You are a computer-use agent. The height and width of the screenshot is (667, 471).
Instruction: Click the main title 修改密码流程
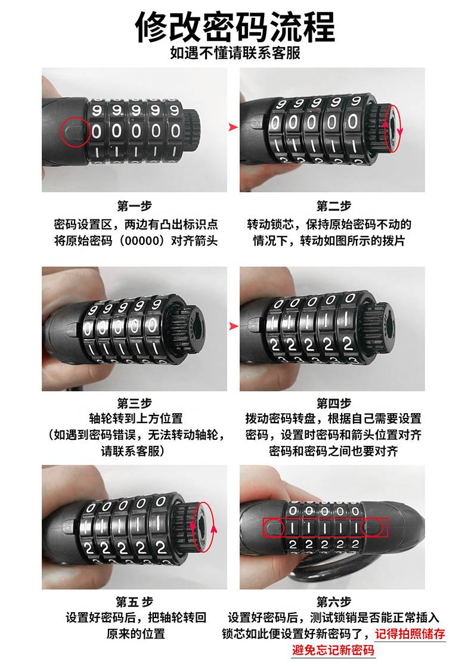(235, 27)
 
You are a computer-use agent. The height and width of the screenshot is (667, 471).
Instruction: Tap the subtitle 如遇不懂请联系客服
(235, 53)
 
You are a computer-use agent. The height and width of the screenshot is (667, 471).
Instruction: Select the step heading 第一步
(135, 206)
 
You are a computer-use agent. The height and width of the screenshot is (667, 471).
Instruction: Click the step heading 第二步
(333, 206)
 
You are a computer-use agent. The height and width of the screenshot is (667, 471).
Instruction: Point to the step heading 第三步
(135, 403)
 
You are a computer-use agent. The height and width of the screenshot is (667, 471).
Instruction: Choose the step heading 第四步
(333, 403)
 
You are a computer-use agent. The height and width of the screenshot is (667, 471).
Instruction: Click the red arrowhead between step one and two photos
(233, 127)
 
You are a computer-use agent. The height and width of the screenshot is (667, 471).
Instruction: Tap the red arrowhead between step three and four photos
(233, 326)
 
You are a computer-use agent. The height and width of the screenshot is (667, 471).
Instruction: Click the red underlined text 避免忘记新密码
(333, 650)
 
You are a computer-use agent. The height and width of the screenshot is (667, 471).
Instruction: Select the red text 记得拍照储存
(410, 634)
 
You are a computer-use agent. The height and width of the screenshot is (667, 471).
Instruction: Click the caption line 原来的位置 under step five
(136, 634)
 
